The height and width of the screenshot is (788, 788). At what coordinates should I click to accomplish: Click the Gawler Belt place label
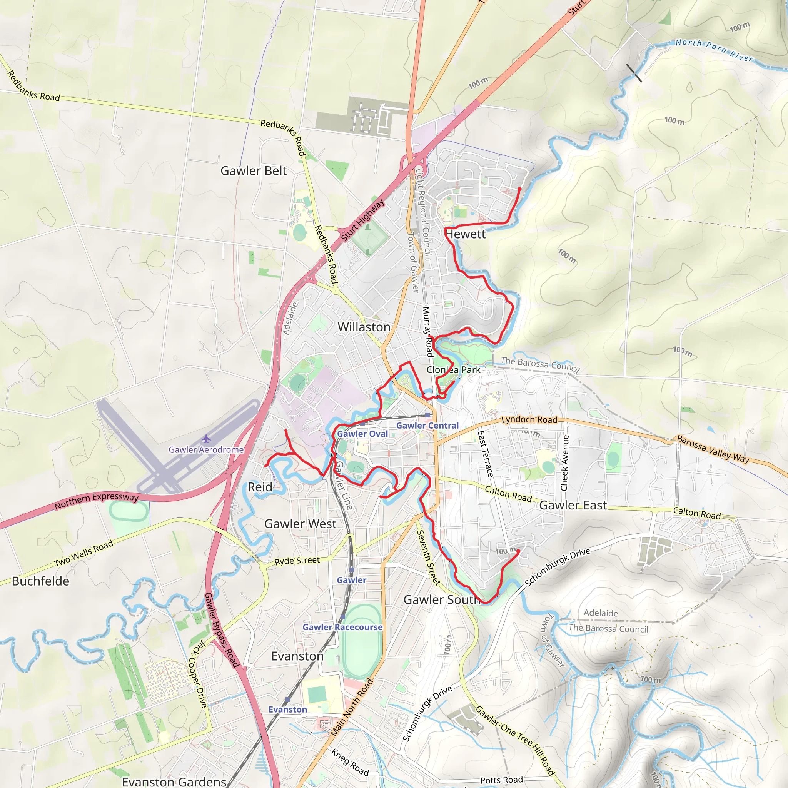pos(253,171)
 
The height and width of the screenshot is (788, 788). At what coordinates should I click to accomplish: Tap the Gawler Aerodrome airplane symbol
pos(206,439)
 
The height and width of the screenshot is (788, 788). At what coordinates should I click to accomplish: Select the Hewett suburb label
pos(466,234)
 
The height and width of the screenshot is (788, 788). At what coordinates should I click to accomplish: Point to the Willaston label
pos(364,327)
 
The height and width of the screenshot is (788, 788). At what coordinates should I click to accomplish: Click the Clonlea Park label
pos(453,370)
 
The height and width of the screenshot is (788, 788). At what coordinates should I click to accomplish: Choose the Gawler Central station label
pos(427,426)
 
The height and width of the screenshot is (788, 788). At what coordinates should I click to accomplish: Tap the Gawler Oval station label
pos(362,434)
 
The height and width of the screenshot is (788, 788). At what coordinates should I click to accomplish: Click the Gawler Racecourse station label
pos(342,627)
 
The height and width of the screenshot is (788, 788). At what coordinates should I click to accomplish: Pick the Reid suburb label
pos(260,487)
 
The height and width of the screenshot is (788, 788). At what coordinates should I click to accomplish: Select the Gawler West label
pos(300,524)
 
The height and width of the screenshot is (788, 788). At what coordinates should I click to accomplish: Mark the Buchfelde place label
pos(40,581)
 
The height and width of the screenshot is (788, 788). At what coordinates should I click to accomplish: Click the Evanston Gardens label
pos(174,781)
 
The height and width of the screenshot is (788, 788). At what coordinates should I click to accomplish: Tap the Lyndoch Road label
pos(529,419)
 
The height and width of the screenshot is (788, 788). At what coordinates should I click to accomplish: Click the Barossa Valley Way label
pos(713,449)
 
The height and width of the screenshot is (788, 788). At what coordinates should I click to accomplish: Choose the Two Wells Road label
pos(83,553)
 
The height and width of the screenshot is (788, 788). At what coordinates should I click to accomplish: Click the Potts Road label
pos(501,780)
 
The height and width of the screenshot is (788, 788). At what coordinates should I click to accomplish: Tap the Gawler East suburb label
pos(573,505)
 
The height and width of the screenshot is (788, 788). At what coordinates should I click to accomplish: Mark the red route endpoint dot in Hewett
pos(519,189)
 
